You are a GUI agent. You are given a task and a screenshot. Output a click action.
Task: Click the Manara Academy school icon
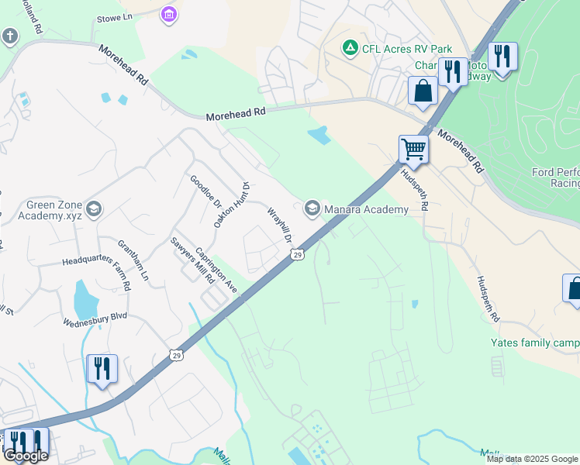(312, 208)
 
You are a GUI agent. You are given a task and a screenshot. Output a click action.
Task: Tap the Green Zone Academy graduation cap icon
(94, 208)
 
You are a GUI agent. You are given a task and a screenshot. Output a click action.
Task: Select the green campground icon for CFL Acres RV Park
(350, 49)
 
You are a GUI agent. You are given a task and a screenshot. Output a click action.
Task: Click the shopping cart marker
(414, 148)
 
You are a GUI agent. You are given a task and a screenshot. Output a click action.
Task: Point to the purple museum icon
(168, 14)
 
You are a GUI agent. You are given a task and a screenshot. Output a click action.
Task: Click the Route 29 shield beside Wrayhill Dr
(297, 254)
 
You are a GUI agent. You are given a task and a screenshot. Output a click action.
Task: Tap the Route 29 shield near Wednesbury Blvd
(178, 354)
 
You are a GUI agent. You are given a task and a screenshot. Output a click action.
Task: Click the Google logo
(26, 456)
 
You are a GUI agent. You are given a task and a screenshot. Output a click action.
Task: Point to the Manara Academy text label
(366, 209)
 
